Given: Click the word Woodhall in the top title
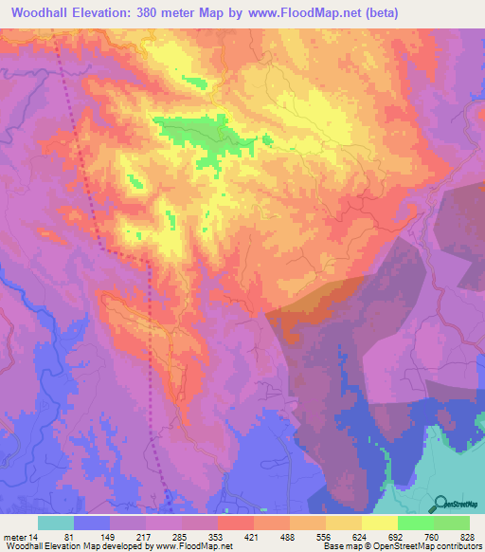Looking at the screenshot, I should (47, 13).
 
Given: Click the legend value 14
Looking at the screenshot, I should (34, 538).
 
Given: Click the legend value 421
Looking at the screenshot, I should (252, 538).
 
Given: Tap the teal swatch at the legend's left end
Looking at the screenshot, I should (55, 523).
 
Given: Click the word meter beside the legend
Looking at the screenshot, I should (14, 538).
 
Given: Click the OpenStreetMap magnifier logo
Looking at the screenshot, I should (441, 502).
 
